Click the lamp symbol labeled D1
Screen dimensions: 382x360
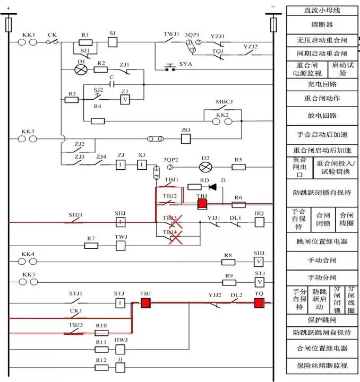point(81,70)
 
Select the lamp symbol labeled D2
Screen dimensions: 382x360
point(205,167)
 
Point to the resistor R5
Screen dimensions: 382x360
point(238,167)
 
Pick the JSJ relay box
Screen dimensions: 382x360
point(186,138)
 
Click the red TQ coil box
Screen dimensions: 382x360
point(259,303)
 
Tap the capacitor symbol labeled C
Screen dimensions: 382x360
point(112,84)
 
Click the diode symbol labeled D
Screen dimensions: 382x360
point(213,187)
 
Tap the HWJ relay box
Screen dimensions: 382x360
point(121,349)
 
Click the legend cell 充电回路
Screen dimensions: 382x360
point(322,84)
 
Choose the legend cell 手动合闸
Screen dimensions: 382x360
point(322,261)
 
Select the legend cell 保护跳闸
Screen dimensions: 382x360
point(322,320)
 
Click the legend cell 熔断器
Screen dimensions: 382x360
point(322,24)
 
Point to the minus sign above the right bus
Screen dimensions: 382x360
point(273,7)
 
